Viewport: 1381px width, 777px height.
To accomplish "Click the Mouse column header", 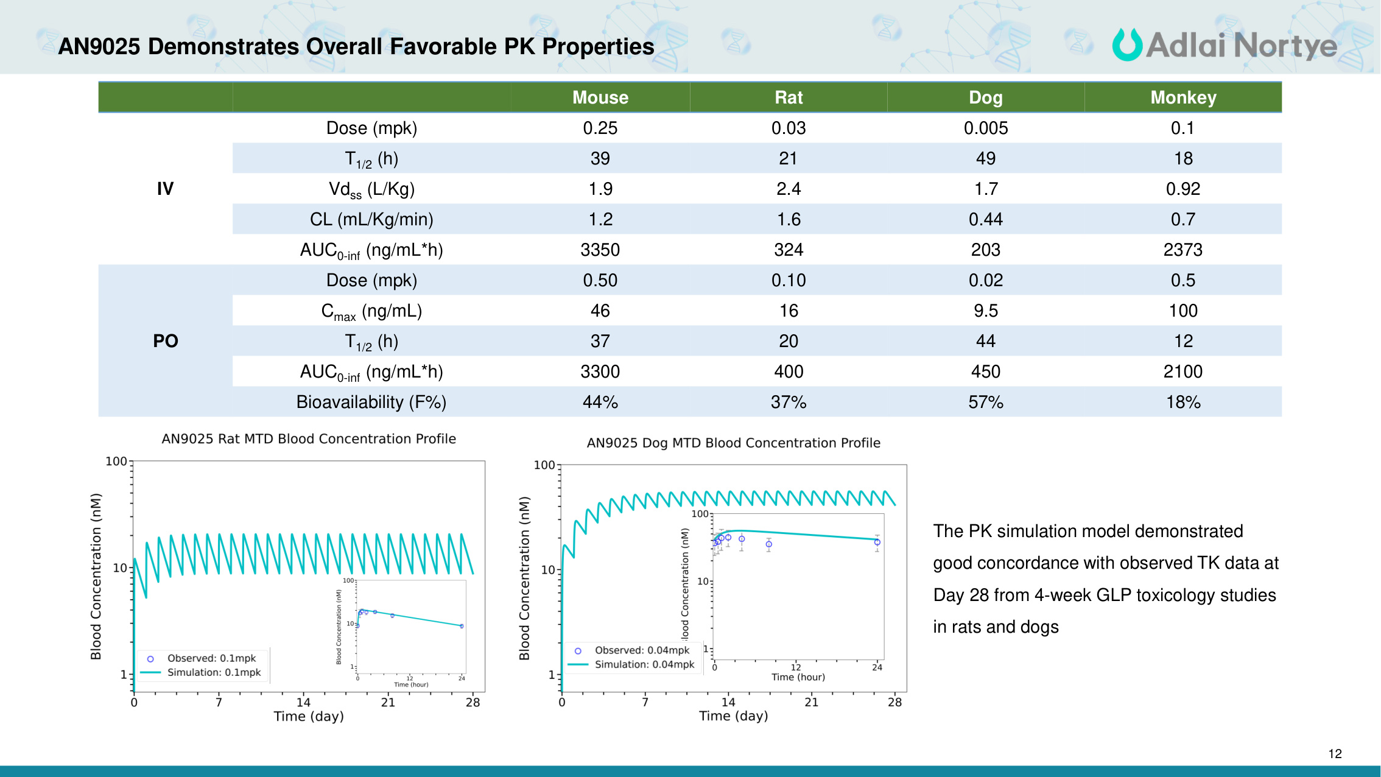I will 600,97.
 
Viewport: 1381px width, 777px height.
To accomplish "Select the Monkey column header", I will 1183,97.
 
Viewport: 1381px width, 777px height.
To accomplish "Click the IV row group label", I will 165,189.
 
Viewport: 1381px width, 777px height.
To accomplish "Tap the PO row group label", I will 165,341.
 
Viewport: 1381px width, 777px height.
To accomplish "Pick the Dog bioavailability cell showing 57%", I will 985,402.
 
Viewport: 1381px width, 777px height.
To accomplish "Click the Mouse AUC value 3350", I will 600,250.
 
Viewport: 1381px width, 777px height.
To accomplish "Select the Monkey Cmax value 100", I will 1183,311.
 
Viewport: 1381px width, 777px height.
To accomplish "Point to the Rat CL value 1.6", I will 789,219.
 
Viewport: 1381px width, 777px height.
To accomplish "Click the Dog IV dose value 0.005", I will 985,128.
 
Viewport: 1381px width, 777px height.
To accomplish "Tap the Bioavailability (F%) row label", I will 371,402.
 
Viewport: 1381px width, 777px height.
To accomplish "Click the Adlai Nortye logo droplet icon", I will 1126,45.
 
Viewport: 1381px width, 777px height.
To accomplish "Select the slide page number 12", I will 1335,754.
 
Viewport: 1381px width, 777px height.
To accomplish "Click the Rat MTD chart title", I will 308,439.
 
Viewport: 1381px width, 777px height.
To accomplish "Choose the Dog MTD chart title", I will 733,443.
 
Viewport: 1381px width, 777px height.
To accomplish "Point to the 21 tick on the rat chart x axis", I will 388,703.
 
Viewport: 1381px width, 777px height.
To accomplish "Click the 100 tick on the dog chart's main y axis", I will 544,465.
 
